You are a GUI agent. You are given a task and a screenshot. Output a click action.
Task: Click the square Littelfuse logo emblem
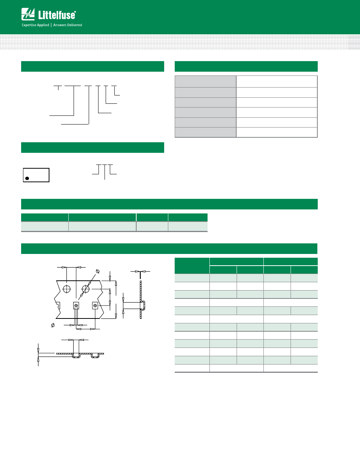click(28, 14)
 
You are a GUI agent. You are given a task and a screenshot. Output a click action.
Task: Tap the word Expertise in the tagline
click(29, 25)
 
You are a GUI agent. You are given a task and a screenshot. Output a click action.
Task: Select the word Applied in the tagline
click(43, 25)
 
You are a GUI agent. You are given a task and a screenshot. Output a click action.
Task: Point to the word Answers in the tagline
click(60, 25)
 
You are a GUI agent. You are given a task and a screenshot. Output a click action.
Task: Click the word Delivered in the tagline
click(75, 25)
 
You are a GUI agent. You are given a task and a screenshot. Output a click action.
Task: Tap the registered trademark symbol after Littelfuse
click(75, 12)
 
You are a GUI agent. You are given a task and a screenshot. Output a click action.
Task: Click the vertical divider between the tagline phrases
click(51, 25)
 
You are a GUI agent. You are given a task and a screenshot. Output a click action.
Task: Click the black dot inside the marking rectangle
click(27, 178)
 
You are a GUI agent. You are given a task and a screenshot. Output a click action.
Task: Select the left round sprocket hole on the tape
click(67, 289)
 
